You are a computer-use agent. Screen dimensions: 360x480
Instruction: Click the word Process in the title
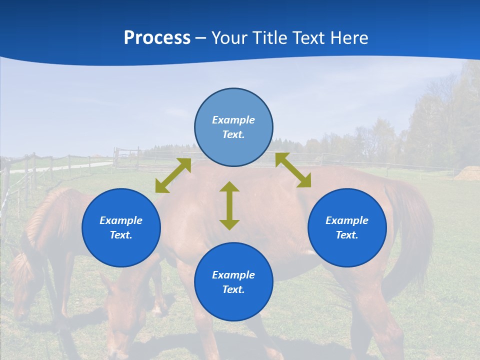point(157,38)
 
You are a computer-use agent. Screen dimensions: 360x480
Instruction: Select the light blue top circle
point(233,127)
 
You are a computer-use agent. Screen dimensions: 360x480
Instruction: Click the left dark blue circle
point(121,227)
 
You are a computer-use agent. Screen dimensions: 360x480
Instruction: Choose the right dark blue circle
point(347,227)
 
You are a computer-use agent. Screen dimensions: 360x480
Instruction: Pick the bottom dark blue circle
point(233,282)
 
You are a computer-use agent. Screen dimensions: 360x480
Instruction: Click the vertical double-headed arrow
point(229,205)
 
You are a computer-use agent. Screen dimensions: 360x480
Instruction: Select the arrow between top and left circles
point(173,175)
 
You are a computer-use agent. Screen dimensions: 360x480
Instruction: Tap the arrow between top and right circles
point(293,170)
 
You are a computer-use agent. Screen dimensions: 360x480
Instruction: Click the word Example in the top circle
point(233,120)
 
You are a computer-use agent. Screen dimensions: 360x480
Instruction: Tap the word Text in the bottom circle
point(232,289)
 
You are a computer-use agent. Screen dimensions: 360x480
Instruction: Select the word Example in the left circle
point(121,220)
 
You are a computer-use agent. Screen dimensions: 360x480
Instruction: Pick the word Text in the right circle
point(346,235)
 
